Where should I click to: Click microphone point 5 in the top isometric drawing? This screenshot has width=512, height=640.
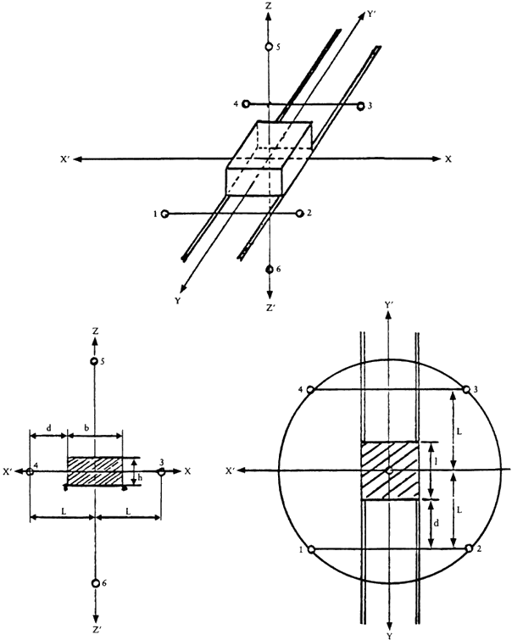[269, 47]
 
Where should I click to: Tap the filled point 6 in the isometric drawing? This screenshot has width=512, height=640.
[269, 270]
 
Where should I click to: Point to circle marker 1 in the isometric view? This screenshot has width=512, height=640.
[165, 214]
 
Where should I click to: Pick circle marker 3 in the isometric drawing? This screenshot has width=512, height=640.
[360, 106]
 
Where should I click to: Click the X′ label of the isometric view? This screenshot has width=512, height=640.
[65, 159]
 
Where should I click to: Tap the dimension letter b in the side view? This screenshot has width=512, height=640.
[86, 428]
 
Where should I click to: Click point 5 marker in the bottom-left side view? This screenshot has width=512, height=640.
[94, 361]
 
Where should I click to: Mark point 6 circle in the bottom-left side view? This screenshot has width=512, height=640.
[96, 583]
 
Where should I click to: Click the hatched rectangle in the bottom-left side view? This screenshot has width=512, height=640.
[95, 471]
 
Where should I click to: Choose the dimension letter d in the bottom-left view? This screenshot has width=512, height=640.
[48, 428]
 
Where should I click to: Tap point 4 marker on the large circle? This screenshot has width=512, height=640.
[310, 390]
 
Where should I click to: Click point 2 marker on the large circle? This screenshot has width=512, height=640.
[469, 548]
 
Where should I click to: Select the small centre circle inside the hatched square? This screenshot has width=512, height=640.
[390, 470]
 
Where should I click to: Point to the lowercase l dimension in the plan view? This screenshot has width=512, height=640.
[437, 461]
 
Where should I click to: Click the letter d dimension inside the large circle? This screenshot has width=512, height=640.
[436, 523]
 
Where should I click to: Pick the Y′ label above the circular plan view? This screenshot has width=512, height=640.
[389, 304]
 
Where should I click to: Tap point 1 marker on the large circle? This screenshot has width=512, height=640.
[311, 550]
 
